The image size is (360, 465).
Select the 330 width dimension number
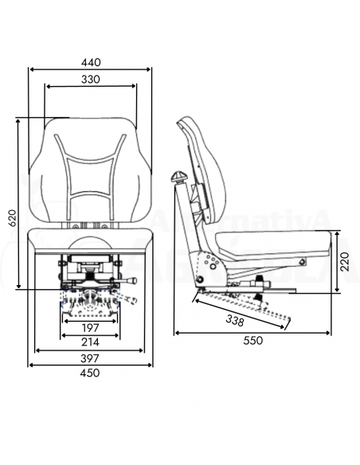tap(90, 79)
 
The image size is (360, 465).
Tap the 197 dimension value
tap(90, 327)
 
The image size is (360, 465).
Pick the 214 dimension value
tap(90, 342)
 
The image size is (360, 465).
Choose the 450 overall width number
tap(90, 373)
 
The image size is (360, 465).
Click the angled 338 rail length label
tap(236, 319)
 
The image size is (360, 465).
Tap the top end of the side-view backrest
tap(186, 122)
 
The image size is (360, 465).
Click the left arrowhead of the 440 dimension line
tap(33, 69)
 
